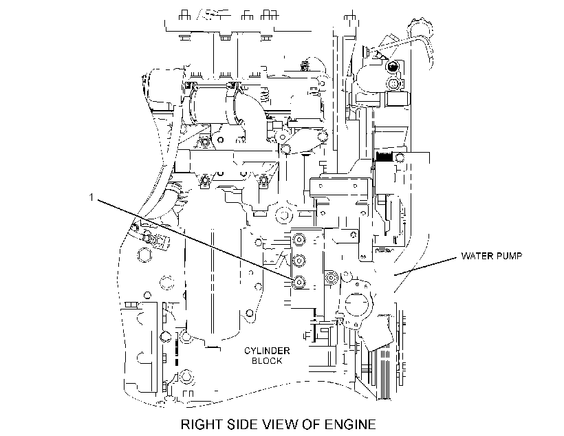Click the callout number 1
tap(91, 197)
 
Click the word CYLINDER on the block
tap(267, 351)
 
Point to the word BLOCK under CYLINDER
tap(267, 361)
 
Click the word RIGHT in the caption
tap(202, 424)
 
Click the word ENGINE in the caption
tap(350, 424)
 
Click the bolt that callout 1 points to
tap(299, 283)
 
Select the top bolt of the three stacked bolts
tap(299, 239)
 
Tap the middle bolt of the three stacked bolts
tap(299, 260)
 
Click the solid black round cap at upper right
tap(392, 66)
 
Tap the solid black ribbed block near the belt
tap(384, 157)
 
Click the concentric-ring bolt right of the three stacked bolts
tap(330, 277)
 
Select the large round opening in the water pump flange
tap(357, 303)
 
